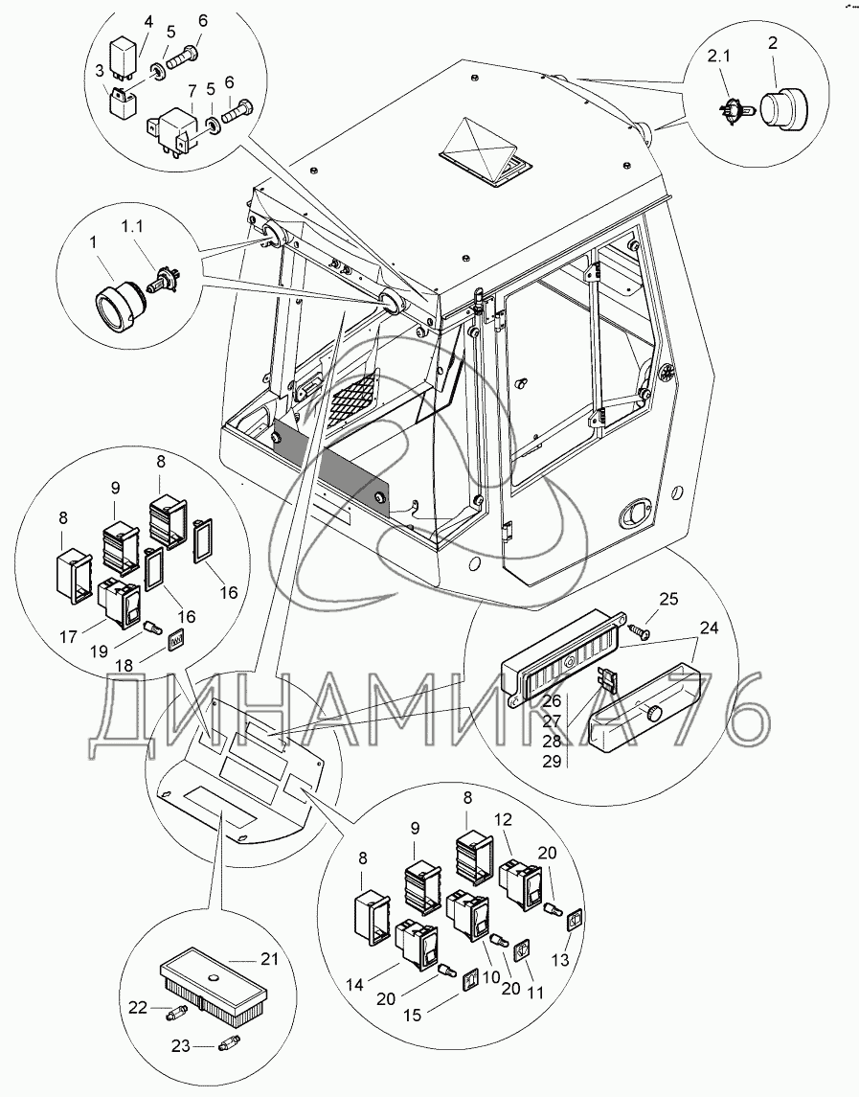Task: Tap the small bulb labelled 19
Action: (152, 628)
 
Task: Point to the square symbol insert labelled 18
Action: (176, 640)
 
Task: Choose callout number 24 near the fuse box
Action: (710, 628)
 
